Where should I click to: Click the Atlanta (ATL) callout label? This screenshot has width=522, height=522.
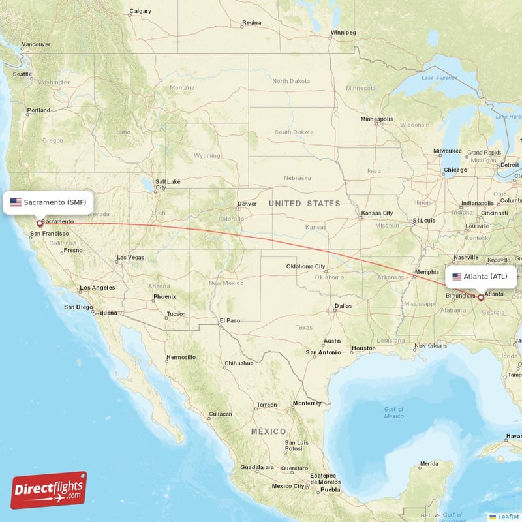[x=483, y=277]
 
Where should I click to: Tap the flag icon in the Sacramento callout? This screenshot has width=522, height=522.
[x=16, y=202]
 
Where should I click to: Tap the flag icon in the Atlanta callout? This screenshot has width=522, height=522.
[x=457, y=277]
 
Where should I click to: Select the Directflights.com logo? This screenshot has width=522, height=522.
[x=49, y=490]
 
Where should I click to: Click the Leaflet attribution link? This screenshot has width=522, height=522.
[x=508, y=516]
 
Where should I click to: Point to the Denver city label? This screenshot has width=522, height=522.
[x=247, y=204]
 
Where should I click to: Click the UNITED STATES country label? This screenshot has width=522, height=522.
[x=305, y=204]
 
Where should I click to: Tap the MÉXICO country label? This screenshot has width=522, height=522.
[x=269, y=432]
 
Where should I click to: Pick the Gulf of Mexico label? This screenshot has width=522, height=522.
[x=393, y=412]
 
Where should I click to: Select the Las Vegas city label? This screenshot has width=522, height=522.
[x=130, y=258]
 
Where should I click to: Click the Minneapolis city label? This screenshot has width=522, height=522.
[x=376, y=119]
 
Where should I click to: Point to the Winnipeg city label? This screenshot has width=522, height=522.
[x=343, y=32]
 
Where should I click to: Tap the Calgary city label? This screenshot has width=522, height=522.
[x=140, y=11]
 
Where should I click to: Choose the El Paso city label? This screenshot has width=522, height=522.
[x=230, y=320]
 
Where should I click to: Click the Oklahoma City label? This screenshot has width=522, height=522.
[x=305, y=266]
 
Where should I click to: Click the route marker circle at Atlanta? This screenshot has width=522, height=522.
[x=481, y=298]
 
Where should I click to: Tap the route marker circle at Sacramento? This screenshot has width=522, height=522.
[x=40, y=223]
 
